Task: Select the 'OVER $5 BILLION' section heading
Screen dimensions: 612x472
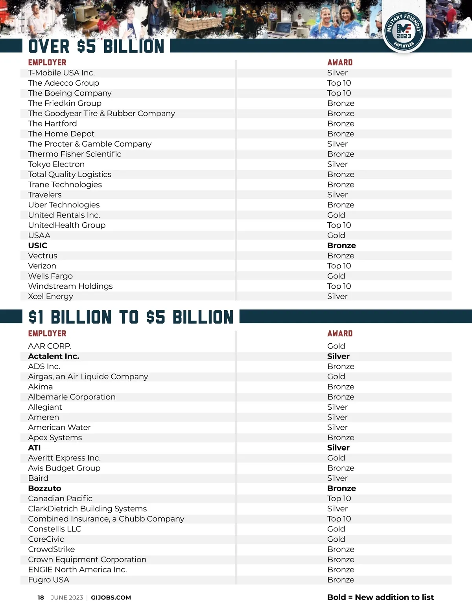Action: (96, 46)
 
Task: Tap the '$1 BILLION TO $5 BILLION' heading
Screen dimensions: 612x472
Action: (131, 317)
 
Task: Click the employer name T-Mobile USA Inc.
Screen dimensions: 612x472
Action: (61, 73)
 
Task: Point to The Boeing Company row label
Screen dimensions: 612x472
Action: (70, 93)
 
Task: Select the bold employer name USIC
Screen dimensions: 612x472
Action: (38, 246)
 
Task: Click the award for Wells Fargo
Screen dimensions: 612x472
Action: (336, 276)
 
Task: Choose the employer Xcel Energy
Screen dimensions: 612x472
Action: (50, 297)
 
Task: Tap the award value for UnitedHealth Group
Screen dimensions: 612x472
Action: (339, 225)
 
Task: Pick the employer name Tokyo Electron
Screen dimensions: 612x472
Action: (56, 164)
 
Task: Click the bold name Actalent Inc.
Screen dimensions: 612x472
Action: (53, 356)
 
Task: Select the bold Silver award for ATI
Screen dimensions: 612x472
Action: (338, 448)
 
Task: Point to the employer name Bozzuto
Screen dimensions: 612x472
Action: (44, 488)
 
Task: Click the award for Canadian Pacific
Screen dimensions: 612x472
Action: (339, 498)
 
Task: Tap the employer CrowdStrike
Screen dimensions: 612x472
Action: (51, 549)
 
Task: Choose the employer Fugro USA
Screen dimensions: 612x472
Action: (48, 580)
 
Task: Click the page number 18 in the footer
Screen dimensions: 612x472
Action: (41, 597)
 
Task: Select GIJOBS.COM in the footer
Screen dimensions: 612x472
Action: (111, 597)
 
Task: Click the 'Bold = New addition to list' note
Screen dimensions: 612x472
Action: (380, 597)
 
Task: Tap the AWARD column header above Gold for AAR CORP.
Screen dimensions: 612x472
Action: (340, 333)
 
